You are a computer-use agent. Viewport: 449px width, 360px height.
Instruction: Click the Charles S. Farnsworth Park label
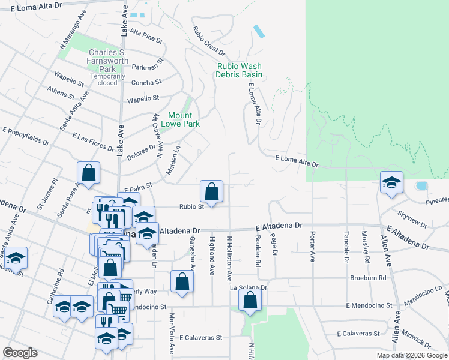107,61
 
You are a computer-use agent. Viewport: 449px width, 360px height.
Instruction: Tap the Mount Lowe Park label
180,119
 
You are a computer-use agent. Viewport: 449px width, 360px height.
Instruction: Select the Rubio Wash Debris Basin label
240,70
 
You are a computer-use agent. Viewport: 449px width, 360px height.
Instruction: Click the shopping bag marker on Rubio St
211,191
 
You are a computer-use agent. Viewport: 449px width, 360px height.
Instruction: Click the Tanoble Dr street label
346,247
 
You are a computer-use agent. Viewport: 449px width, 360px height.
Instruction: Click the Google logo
20,353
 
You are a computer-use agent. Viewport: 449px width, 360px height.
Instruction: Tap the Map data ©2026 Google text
412,355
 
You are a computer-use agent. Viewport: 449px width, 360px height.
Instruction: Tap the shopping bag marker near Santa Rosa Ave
88,173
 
